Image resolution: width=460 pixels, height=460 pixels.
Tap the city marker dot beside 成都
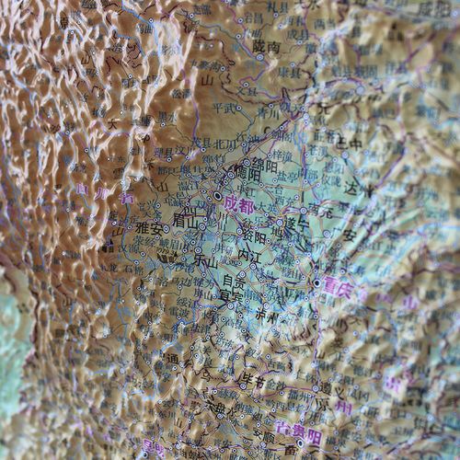[218, 197]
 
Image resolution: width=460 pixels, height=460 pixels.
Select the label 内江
[249, 255]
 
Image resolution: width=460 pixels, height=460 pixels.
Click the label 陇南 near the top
[266, 43]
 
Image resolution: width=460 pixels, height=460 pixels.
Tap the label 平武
[224, 108]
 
